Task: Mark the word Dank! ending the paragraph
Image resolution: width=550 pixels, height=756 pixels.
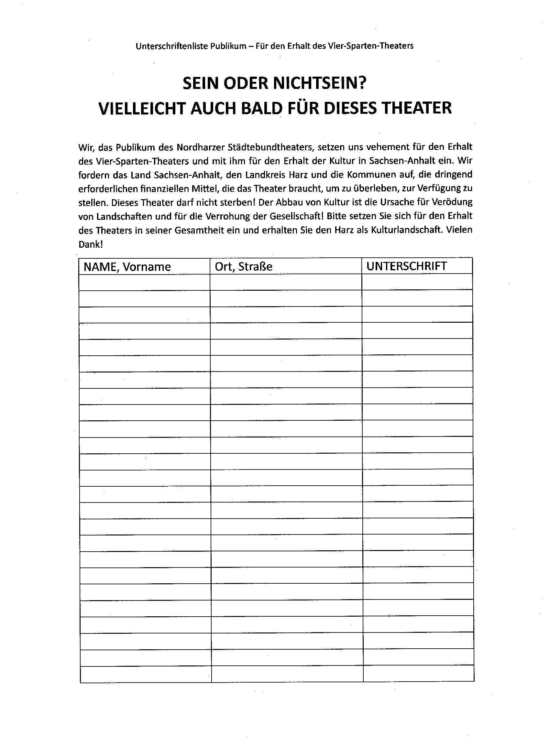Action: point(90,244)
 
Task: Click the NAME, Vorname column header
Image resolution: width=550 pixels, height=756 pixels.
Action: point(127,267)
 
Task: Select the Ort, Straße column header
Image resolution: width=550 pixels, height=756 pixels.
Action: point(244,267)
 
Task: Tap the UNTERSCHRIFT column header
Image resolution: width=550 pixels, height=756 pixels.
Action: point(406,266)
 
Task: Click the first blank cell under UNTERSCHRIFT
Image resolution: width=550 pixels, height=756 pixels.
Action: point(417,282)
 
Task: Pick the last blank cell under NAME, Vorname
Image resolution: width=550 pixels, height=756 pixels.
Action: point(146,674)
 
